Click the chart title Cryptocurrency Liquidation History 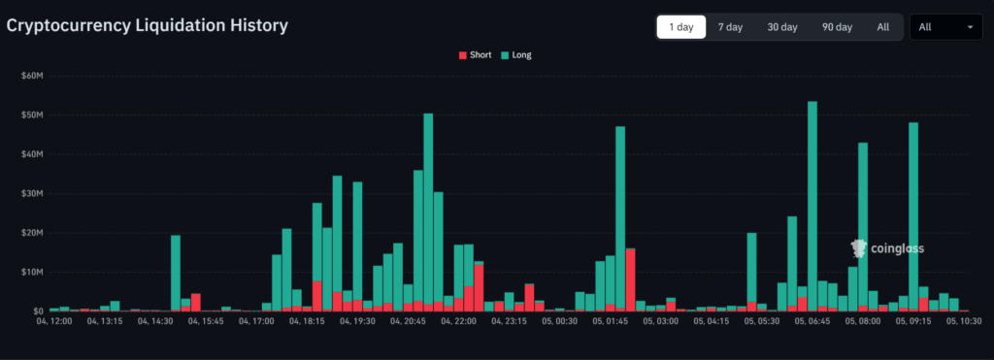[148, 26]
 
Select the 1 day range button [680, 27]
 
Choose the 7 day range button [730, 27]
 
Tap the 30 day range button [781, 27]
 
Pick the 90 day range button [836, 27]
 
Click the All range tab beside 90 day [882, 27]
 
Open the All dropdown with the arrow [945, 27]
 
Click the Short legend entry [475, 55]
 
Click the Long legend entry [516, 55]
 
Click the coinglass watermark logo [887, 248]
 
